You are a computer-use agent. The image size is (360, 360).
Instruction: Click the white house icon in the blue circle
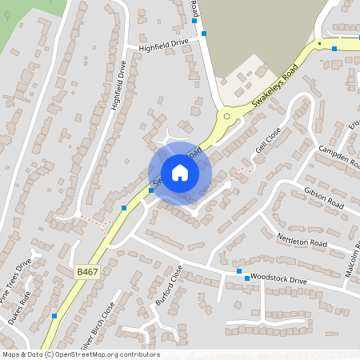point(180,173)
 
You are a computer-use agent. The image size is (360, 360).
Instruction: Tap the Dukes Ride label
point(18,304)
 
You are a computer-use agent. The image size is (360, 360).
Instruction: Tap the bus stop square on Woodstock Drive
point(238,272)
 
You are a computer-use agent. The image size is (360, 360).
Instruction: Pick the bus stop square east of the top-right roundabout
point(334,48)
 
